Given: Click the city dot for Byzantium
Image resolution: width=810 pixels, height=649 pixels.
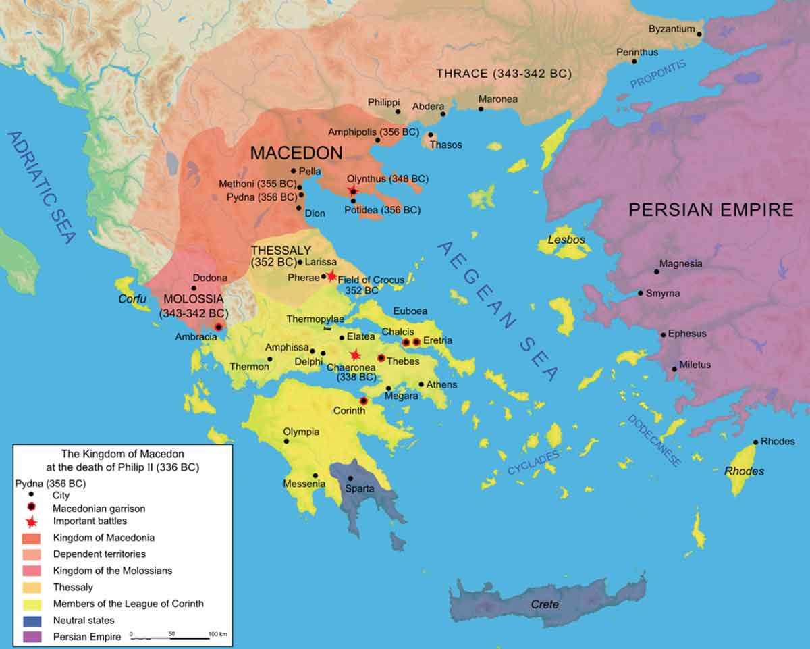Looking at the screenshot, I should point(699,34).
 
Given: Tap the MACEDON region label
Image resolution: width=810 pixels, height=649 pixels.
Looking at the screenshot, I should point(296,153).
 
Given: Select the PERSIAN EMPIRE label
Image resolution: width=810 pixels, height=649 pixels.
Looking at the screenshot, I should point(711,209).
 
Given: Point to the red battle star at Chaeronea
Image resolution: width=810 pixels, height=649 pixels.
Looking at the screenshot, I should point(355,355).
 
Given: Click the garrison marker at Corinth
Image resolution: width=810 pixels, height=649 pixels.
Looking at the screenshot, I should point(364,400).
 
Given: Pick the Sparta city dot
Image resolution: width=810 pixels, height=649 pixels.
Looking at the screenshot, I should point(350,478).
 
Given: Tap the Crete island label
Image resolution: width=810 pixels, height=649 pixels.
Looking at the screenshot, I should point(544,604).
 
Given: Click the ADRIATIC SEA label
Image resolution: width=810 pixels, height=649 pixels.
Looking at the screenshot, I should point(41,186).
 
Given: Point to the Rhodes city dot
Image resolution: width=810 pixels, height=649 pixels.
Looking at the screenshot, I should point(755,442).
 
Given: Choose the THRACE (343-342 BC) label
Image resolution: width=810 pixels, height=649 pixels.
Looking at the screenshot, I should point(504,74).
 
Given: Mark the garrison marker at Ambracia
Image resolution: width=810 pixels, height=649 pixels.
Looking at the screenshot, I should point(218,326).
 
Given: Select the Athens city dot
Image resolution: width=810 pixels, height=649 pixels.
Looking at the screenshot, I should point(421,384).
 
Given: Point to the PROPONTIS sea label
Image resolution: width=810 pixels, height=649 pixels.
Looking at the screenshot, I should point(657,74).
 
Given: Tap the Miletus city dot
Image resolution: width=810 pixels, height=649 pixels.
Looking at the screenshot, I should point(674,369).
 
